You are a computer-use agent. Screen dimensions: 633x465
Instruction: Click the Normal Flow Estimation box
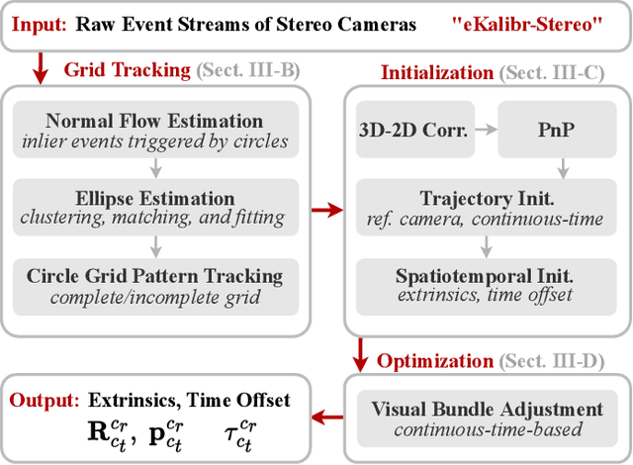click(x=154, y=131)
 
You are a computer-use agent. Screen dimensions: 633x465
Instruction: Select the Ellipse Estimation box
click(x=154, y=207)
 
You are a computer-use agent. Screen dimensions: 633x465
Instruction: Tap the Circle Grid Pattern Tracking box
click(x=154, y=283)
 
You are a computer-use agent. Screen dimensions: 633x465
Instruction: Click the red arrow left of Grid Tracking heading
click(x=41, y=68)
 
